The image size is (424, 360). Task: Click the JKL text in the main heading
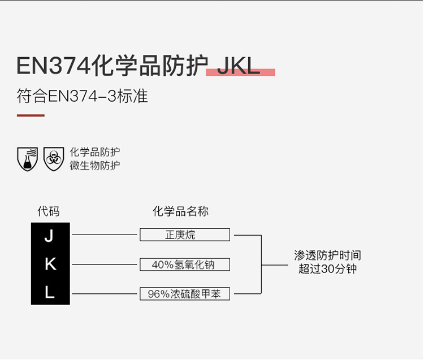[x=238, y=66]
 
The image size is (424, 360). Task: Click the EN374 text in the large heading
[x=53, y=66]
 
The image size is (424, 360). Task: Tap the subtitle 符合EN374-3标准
[x=82, y=96]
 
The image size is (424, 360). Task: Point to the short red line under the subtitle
[x=31, y=115]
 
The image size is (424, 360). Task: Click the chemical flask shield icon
[x=27, y=159]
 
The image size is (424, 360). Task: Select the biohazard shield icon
[x=54, y=159]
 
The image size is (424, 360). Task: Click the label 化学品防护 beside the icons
[x=94, y=152]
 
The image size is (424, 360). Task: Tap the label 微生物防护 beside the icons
[x=94, y=166]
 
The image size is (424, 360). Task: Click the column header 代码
[x=49, y=211]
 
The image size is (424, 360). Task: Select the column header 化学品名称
[x=180, y=211]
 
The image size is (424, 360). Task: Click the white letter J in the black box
[x=49, y=236]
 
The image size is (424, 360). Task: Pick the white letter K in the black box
[x=50, y=264]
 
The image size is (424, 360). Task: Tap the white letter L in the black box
[x=50, y=292]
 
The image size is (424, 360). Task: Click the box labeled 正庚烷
[x=185, y=235]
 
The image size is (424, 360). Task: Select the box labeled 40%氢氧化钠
[x=185, y=264]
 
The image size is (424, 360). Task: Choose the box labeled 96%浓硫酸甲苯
[x=185, y=294]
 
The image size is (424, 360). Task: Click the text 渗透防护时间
[x=327, y=255]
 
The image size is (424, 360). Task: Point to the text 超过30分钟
[x=327, y=268]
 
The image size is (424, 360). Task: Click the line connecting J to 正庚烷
[x=105, y=235]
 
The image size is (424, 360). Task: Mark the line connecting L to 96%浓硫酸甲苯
[x=105, y=293]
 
